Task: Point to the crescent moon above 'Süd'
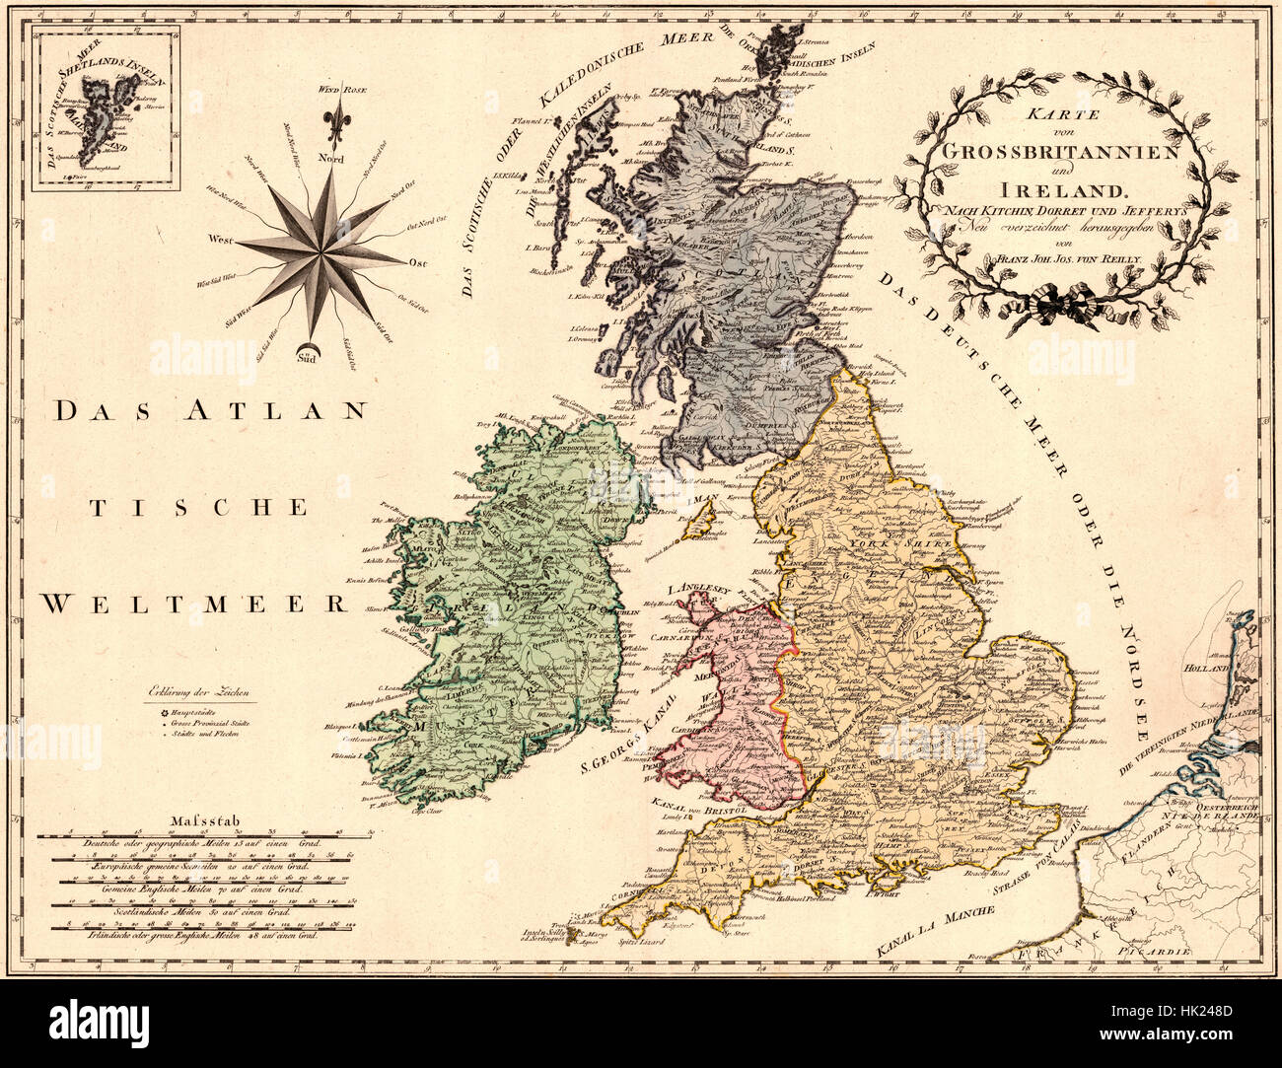point(313,345)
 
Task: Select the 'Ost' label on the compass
point(417,263)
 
